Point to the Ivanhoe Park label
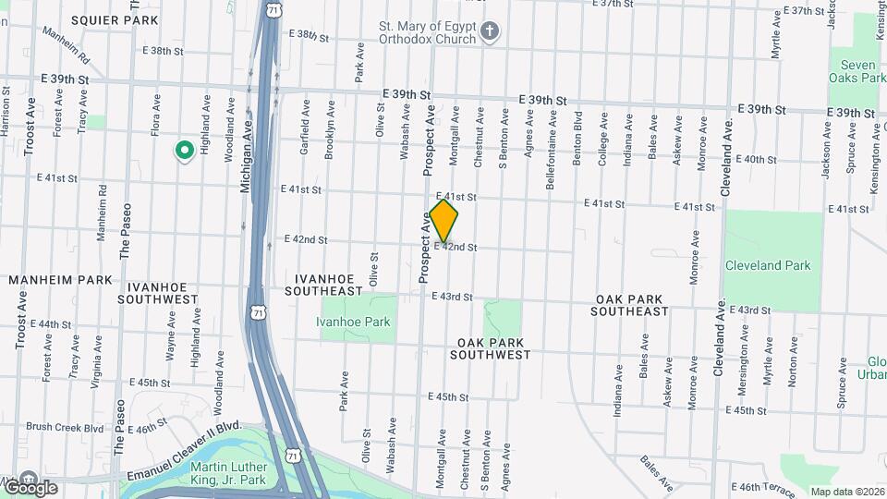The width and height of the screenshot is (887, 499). pyautogui.click(x=353, y=322)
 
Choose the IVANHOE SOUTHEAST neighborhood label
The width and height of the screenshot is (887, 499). pyautogui.click(x=329, y=285)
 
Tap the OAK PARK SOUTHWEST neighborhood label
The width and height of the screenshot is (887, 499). pyautogui.click(x=493, y=348)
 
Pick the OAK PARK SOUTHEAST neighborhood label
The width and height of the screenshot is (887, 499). pyautogui.click(x=632, y=306)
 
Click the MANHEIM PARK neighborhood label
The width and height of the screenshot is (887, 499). pyautogui.click(x=60, y=279)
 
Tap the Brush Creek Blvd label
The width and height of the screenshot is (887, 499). pyautogui.click(x=65, y=428)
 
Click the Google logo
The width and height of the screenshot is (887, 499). pyautogui.click(x=30, y=487)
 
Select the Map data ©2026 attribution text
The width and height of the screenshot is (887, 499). pyautogui.click(x=846, y=492)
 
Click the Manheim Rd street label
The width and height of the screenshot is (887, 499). pyautogui.click(x=65, y=43)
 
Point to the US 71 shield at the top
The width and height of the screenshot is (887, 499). pyautogui.click(x=272, y=9)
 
